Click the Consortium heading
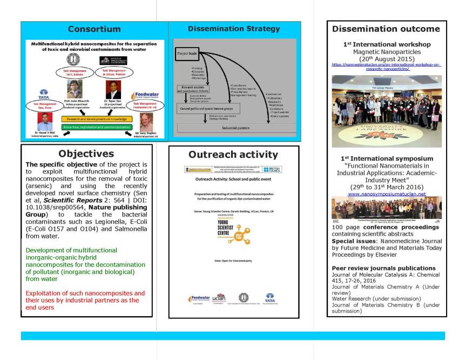pos(94,29)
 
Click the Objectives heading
pos(86,154)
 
